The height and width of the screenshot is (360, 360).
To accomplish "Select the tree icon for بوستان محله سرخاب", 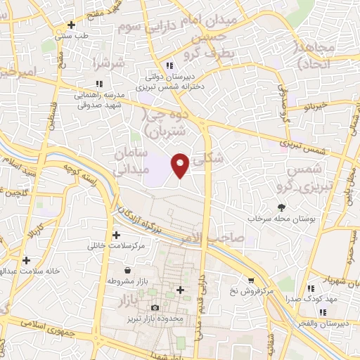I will coord(282,207).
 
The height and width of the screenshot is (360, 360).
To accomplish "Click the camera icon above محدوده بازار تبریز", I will coord(155,307).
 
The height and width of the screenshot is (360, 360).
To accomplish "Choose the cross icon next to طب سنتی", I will coord(71,24).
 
